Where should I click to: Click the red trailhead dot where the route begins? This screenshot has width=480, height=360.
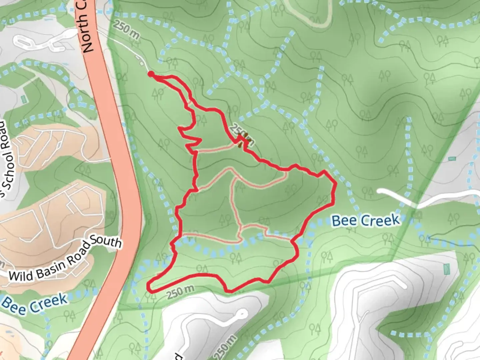coord(151,74)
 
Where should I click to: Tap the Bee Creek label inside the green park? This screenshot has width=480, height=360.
coord(366,220)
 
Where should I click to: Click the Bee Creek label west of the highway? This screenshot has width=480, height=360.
coord(35,304)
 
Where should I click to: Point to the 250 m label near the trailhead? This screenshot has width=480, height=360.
coord(126,30)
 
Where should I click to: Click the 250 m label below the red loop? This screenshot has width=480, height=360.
coord(180,292)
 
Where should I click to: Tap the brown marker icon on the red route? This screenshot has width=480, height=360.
coord(243,139)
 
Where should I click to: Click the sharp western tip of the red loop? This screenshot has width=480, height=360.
coord(149,286)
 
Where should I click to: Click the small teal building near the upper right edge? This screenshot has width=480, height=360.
coord(452,158)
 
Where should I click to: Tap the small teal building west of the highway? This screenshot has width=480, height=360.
coord(23,99)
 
